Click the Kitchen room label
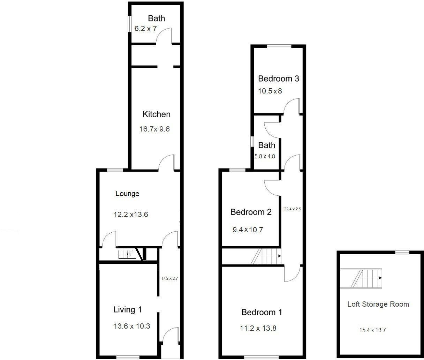point(157,114)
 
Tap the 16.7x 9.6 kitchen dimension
point(154,129)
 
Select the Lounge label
point(127,194)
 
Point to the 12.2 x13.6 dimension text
point(131,215)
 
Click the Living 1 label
point(128,309)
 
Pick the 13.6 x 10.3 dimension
point(132,327)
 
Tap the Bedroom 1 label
point(262,312)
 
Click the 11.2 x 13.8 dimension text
point(258,328)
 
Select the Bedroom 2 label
point(251,212)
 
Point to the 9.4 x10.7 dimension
point(248,230)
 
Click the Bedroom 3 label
point(279,79)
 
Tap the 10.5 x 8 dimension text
point(270,91)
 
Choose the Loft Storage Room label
point(378,304)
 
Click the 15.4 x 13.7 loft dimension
point(372,330)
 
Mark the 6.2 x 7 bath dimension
point(145,29)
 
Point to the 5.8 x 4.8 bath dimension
point(265,157)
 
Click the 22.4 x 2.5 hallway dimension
point(292,209)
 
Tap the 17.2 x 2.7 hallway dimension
point(169,279)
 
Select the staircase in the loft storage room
point(362,278)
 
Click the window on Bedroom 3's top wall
point(279,46)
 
